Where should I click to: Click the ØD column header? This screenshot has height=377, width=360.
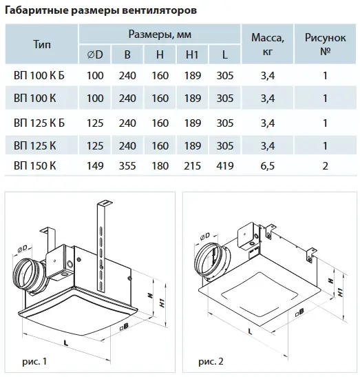coord(95,55)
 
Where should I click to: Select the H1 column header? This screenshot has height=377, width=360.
coord(192,55)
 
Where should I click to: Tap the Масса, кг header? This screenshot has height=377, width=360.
coord(268,45)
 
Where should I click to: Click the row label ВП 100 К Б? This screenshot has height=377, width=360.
coord(39,76)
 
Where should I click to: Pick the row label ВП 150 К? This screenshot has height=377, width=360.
coord(35,166)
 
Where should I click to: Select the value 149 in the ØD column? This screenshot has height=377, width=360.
coord(95,166)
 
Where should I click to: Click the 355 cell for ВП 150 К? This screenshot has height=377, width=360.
coord(127,166)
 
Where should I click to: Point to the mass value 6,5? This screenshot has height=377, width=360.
coord(268,166)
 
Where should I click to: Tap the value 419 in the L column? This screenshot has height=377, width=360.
coord(225,166)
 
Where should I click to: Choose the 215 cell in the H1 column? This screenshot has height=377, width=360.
coord(192,166)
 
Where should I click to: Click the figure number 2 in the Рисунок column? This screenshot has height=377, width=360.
coord(325,166)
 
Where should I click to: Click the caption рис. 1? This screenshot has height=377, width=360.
coord(34,361)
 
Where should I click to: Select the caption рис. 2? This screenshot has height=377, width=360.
coord(211,361)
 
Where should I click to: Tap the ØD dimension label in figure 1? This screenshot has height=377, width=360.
coord(22,249)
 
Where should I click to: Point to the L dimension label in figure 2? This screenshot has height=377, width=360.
coord(250,332)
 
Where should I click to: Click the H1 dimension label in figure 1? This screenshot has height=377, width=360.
coord(162,303)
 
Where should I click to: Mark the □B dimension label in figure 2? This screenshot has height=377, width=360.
coord(300,312)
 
